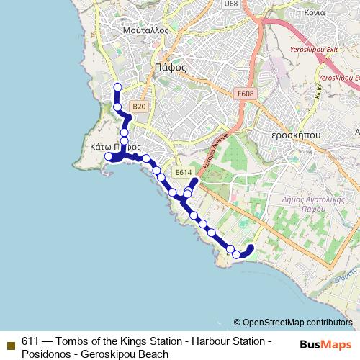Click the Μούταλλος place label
tap(145, 31)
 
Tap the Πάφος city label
tap(171, 68)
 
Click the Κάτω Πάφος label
tap(112, 145)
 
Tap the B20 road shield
tap(140, 107)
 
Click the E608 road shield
tap(246, 93)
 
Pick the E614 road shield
tap(184, 172)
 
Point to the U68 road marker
tap(230, 4)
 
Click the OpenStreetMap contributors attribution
tap(297, 322)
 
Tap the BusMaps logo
tap(325, 346)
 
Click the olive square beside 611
tap(11, 341)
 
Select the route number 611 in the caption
tap(30, 341)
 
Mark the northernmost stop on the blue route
tap(117, 87)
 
